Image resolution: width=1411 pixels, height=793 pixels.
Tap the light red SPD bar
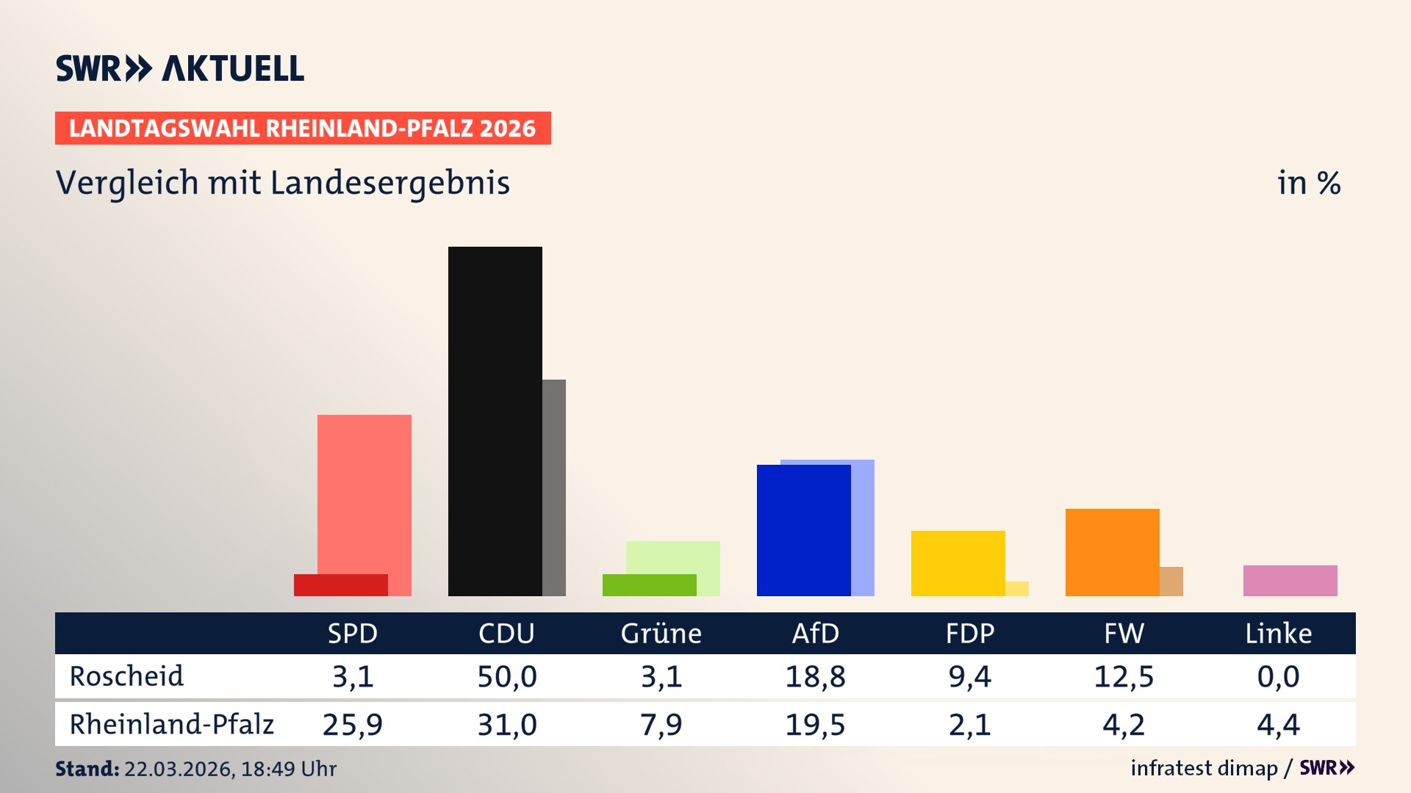pyautogui.click(x=365, y=492)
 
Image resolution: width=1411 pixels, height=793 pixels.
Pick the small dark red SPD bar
pyautogui.click(x=340, y=585)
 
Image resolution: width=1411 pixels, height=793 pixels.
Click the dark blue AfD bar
pyautogui.click(x=803, y=530)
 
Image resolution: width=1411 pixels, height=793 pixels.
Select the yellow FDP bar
pyautogui.click(x=958, y=563)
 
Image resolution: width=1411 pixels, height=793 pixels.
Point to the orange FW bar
pyautogui.click(x=1112, y=552)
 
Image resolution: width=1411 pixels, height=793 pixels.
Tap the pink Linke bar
pyautogui.click(x=1290, y=581)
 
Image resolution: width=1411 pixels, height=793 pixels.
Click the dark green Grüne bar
pyautogui.click(x=649, y=585)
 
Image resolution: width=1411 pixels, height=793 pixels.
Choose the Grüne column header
pyautogui.click(x=661, y=634)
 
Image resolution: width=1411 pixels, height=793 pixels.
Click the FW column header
pyautogui.click(x=1124, y=634)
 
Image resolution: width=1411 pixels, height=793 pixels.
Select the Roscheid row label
pyautogui.click(x=126, y=676)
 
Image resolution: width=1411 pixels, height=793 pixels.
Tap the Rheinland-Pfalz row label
pyautogui.click(x=171, y=725)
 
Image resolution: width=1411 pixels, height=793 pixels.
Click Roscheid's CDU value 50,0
pyautogui.click(x=506, y=676)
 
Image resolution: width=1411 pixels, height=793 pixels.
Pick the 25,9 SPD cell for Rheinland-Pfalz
pyautogui.click(x=352, y=725)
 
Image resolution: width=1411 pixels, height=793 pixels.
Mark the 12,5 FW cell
pyautogui.click(x=1124, y=676)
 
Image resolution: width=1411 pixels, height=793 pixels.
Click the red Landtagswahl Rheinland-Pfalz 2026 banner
pyautogui.click(x=303, y=128)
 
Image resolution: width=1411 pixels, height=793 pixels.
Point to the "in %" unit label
pyautogui.click(x=1308, y=184)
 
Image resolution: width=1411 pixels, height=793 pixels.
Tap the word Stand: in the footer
pyautogui.click(x=87, y=769)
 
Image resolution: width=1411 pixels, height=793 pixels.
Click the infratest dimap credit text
pyautogui.click(x=1204, y=768)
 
